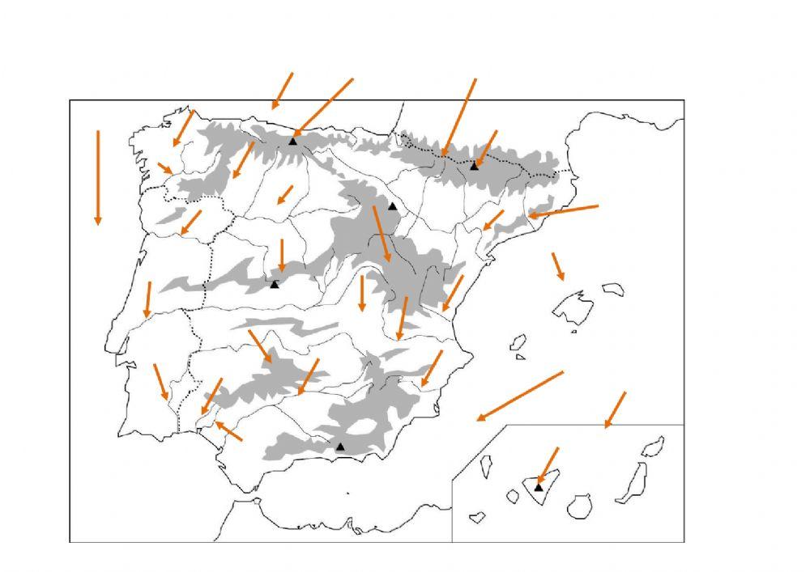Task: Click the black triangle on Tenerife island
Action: [539, 487]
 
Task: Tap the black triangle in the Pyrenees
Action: [475, 166]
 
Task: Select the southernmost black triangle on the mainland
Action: [340, 447]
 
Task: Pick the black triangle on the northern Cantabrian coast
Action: [293, 142]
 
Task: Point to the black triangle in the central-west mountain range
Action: [275, 285]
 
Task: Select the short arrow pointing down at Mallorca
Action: [558, 266]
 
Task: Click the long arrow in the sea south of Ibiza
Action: [519, 396]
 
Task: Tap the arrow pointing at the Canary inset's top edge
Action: [616, 409]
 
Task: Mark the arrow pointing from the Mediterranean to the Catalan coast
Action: [564, 211]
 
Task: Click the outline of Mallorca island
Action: [573, 307]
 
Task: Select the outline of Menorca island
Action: [613, 289]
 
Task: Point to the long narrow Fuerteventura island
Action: [631, 484]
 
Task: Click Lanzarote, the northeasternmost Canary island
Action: [653, 446]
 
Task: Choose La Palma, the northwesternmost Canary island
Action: [488, 466]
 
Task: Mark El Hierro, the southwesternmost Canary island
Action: [476, 515]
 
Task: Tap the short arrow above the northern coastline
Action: [282, 90]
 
